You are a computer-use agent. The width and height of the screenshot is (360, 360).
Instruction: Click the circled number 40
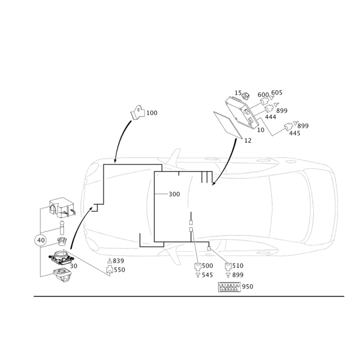(x=40, y=240)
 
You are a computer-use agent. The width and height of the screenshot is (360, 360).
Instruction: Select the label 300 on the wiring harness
(x=174, y=194)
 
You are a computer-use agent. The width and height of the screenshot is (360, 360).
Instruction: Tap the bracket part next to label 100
(x=138, y=112)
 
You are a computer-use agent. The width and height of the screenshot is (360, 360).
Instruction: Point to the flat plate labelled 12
(x=228, y=125)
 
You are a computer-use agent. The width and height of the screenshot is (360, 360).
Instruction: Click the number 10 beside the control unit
(x=261, y=130)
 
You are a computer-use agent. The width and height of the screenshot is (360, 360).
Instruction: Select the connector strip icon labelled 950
(x=229, y=287)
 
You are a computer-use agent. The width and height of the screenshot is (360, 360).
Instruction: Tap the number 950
(x=247, y=287)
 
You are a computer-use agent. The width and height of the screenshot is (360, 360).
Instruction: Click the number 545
(x=207, y=275)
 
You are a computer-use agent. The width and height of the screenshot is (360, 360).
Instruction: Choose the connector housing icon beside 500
(x=198, y=266)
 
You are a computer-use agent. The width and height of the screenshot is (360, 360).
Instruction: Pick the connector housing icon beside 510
(x=228, y=266)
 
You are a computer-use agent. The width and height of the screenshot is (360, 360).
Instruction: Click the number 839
(x=118, y=261)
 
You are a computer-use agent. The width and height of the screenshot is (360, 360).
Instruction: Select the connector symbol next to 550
(x=110, y=270)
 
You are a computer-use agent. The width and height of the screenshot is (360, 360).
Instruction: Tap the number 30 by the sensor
(x=73, y=266)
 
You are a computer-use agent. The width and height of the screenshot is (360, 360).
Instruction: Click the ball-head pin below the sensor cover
(x=62, y=228)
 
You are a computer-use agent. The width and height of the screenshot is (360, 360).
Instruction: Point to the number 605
(x=277, y=93)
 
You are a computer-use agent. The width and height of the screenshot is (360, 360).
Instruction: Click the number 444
(x=271, y=117)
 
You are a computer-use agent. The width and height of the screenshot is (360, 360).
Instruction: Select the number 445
(x=295, y=133)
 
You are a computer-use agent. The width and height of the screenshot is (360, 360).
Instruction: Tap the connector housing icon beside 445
(x=288, y=127)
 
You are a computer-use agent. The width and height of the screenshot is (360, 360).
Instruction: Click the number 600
(x=263, y=95)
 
